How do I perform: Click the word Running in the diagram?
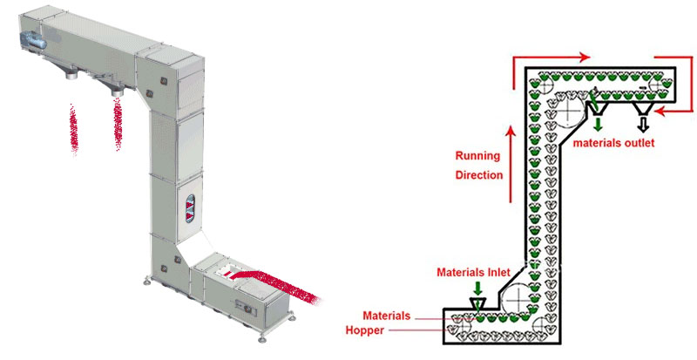(x=477, y=157)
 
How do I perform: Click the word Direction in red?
(x=479, y=175)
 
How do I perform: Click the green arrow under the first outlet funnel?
(x=598, y=124)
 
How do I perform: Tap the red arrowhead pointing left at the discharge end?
(x=660, y=110)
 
